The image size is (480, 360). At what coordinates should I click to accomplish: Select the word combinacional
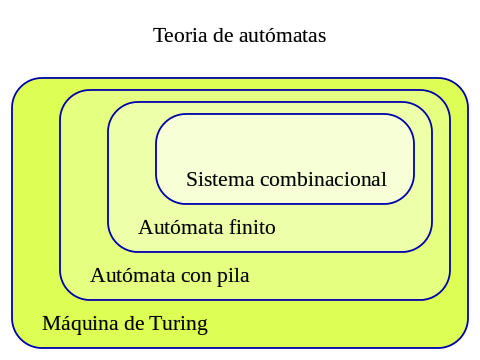[x=322, y=180]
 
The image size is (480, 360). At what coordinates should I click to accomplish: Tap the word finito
[x=252, y=227]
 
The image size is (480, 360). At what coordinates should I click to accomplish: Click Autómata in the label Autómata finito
[x=181, y=227]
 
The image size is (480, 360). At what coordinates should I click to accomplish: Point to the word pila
[x=232, y=276]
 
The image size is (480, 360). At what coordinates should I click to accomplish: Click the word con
[x=196, y=276]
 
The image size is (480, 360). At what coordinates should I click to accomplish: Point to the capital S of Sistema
[x=192, y=180]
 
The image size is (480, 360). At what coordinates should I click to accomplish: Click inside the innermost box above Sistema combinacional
[x=285, y=140]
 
